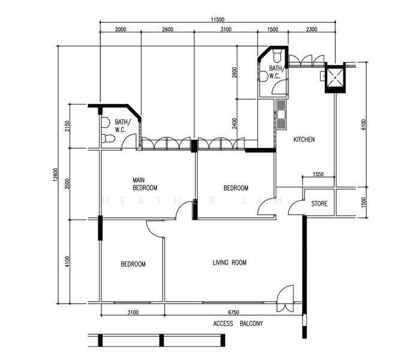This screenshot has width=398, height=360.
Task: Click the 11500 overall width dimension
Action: pos(218,20)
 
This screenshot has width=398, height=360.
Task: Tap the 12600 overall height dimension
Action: pos(56,175)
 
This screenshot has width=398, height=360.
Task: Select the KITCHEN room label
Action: pos(304,139)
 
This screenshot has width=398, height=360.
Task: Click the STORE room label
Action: pos(319,203)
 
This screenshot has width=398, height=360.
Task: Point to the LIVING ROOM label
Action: pos(230,262)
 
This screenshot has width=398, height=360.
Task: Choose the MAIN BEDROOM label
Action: pos(145,184)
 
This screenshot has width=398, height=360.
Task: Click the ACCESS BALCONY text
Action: pos(238,323)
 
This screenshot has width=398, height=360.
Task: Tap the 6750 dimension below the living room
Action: pos(233,312)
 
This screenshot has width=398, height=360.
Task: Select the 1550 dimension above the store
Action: pos(318,174)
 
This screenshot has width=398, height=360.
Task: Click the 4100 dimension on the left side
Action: pos(67,262)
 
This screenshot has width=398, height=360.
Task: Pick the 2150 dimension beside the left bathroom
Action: pos(67,126)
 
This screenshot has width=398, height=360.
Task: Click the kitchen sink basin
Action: pos(281,115)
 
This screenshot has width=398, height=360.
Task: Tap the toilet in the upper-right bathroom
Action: pos(277,56)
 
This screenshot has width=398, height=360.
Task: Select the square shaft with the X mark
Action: pos(335,77)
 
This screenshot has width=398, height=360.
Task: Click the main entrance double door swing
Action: pos(285,299)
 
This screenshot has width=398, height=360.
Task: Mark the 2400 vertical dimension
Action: pos(234,124)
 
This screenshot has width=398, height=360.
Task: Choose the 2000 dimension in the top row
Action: pos(120,29)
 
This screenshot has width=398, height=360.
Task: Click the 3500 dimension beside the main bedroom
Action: pos(67,184)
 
